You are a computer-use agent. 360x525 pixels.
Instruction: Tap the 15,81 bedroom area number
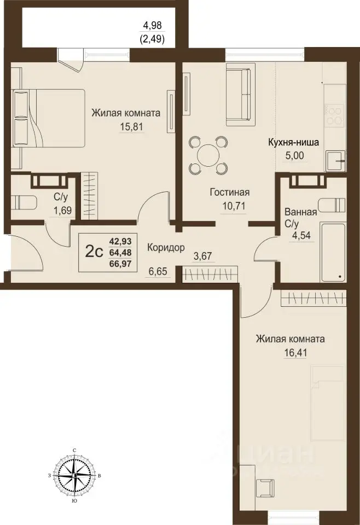(x=131, y=127)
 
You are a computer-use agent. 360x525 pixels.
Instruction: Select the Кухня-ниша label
(x=293, y=142)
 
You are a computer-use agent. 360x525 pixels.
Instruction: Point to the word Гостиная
(x=230, y=192)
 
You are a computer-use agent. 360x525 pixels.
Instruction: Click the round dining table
(x=208, y=156)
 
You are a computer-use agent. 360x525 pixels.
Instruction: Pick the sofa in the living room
(x=239, y=95)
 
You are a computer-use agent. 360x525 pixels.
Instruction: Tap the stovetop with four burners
(x=334, y=115)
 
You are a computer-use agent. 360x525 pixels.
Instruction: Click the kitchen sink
(x=335, y=160)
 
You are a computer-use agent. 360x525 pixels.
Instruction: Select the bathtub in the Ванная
(x=333, y=252)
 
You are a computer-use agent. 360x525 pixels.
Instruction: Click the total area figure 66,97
(x=120, y=264)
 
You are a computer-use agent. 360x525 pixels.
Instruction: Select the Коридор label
(x=166, y=248)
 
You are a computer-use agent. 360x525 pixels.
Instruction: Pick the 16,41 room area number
(x=295, y=353)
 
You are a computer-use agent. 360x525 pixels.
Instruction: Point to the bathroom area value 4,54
(x=301, y=235)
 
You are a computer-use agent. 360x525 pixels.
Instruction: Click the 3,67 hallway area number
(x=202, y=257)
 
